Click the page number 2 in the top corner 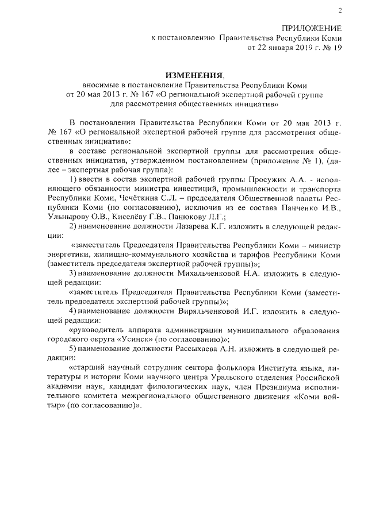click(340, 10)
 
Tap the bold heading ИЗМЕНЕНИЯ click(193, 75)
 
